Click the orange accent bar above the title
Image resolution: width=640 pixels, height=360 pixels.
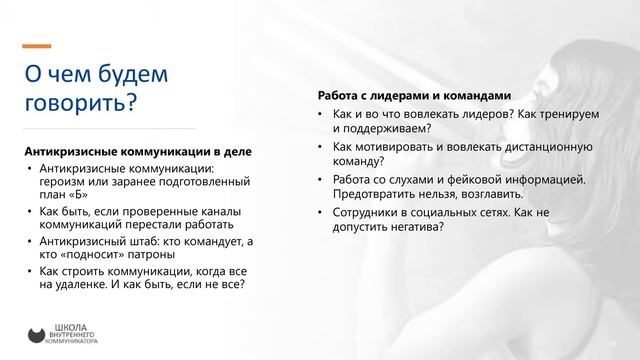(x=37, y=46)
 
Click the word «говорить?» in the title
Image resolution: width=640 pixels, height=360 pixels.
(x=79, y=102)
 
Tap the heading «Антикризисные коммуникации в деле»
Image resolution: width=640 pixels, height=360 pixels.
(x=137, y=151)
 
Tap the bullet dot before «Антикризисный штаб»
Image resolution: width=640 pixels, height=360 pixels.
(x=29, y=241)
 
